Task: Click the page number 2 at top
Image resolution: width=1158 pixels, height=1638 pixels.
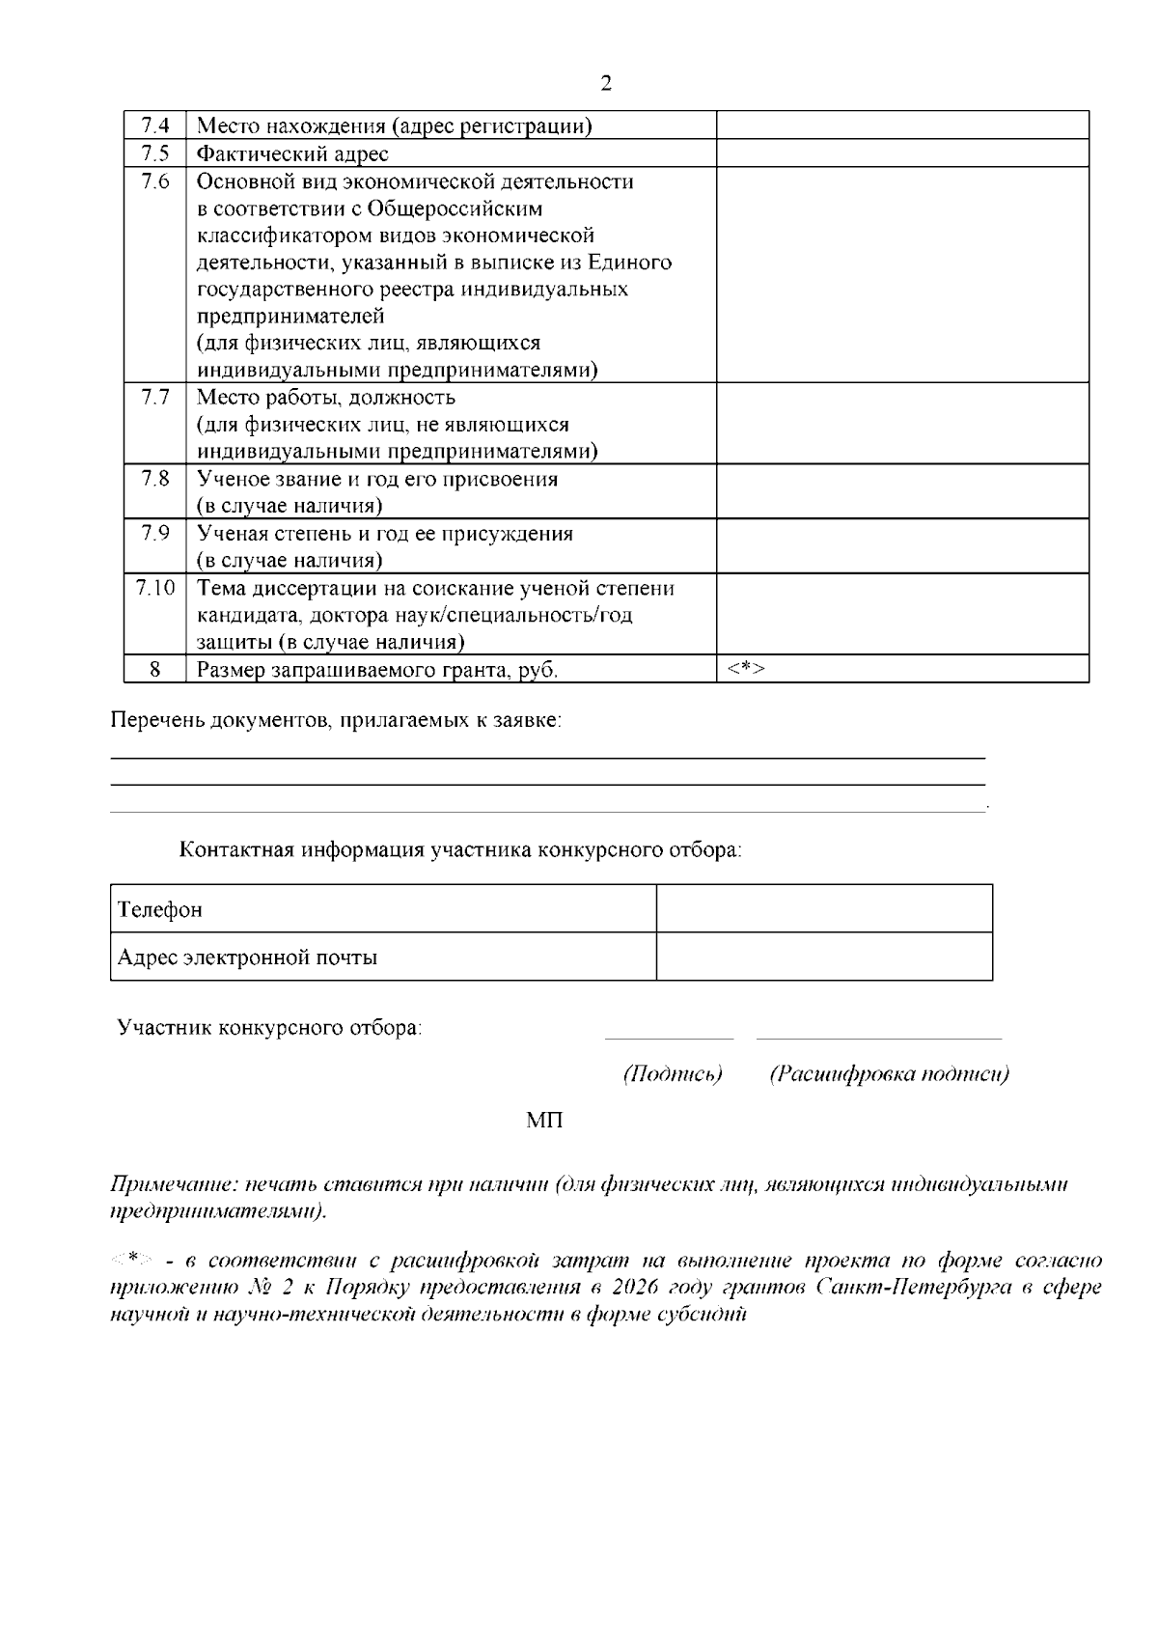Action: click(606, 83)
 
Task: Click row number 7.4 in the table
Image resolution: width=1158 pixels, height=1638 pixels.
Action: click(155, 125)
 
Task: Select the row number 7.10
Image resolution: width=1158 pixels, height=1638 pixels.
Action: click(155, 588)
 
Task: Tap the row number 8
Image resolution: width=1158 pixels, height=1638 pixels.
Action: click(155, 669)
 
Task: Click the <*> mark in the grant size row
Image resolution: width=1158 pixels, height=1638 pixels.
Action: click(745, 669)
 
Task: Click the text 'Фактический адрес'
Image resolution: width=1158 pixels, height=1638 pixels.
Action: click(292, 153)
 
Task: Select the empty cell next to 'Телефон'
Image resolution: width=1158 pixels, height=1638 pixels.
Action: click(823, 909)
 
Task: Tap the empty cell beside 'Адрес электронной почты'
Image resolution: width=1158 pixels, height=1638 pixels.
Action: click(823, 958)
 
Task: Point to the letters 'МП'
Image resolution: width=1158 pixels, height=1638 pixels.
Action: click(545, 1121)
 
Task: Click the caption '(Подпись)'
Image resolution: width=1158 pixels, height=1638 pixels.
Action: click(673, 1074)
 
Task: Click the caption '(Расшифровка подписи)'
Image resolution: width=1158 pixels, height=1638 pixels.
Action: click(889, 1074)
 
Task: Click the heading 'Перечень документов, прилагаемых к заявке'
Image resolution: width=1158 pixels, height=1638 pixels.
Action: click(336, 720)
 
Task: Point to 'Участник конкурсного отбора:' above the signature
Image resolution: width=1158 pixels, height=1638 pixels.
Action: click(269, 1027)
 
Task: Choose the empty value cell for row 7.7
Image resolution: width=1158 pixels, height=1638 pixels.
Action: click(901, 424)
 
